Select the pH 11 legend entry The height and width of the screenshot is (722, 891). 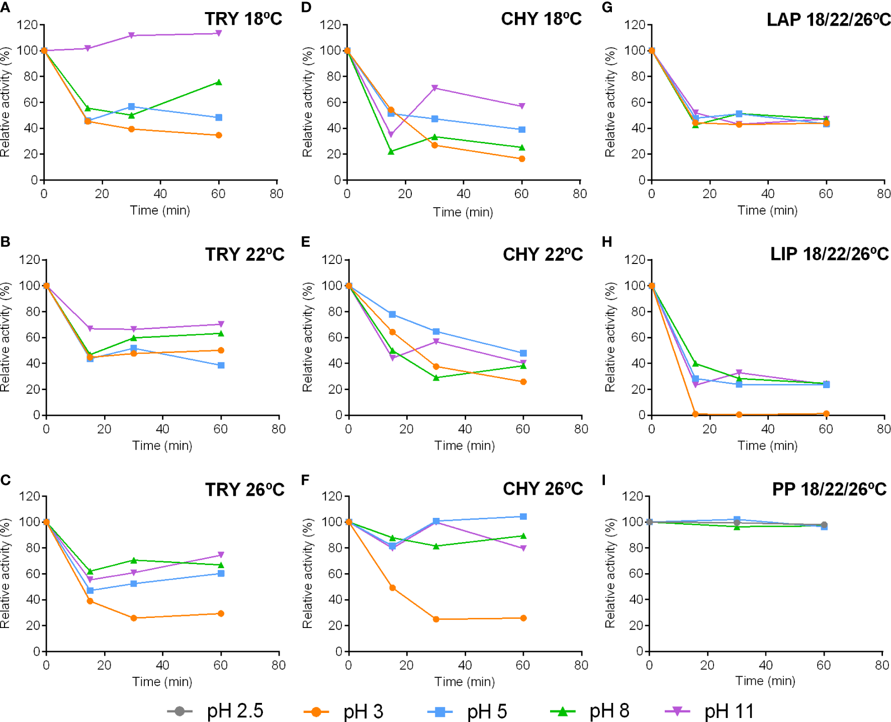[709, 711]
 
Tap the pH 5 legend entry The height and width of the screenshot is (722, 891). [467, 711]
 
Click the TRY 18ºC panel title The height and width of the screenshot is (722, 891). [243, 19]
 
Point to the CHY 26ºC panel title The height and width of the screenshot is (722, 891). [543, 489]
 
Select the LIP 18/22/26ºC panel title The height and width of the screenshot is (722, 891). [829, 254]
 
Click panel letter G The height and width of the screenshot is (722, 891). [607, 7]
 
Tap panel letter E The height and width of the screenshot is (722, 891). [305, 242]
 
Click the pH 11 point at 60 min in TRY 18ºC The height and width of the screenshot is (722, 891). [219, 33]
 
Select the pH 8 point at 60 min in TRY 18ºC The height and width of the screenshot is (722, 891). [219, 82]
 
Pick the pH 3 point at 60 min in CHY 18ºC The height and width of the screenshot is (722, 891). [522, 159]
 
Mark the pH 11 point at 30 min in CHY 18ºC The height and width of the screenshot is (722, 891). [435, 88]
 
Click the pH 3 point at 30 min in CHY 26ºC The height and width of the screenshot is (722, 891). [436, 619]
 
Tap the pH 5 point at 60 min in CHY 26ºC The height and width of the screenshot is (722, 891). [523, 516]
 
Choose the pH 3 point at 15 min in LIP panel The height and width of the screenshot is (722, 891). [695, 414]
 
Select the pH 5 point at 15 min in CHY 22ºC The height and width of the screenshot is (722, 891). [392, 314]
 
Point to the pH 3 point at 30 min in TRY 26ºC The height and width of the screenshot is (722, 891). [134, 618]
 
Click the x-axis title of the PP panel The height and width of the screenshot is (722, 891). [765, 681]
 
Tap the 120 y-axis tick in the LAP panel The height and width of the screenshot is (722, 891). [635, 25]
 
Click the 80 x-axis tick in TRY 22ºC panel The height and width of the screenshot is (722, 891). [279, 429]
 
